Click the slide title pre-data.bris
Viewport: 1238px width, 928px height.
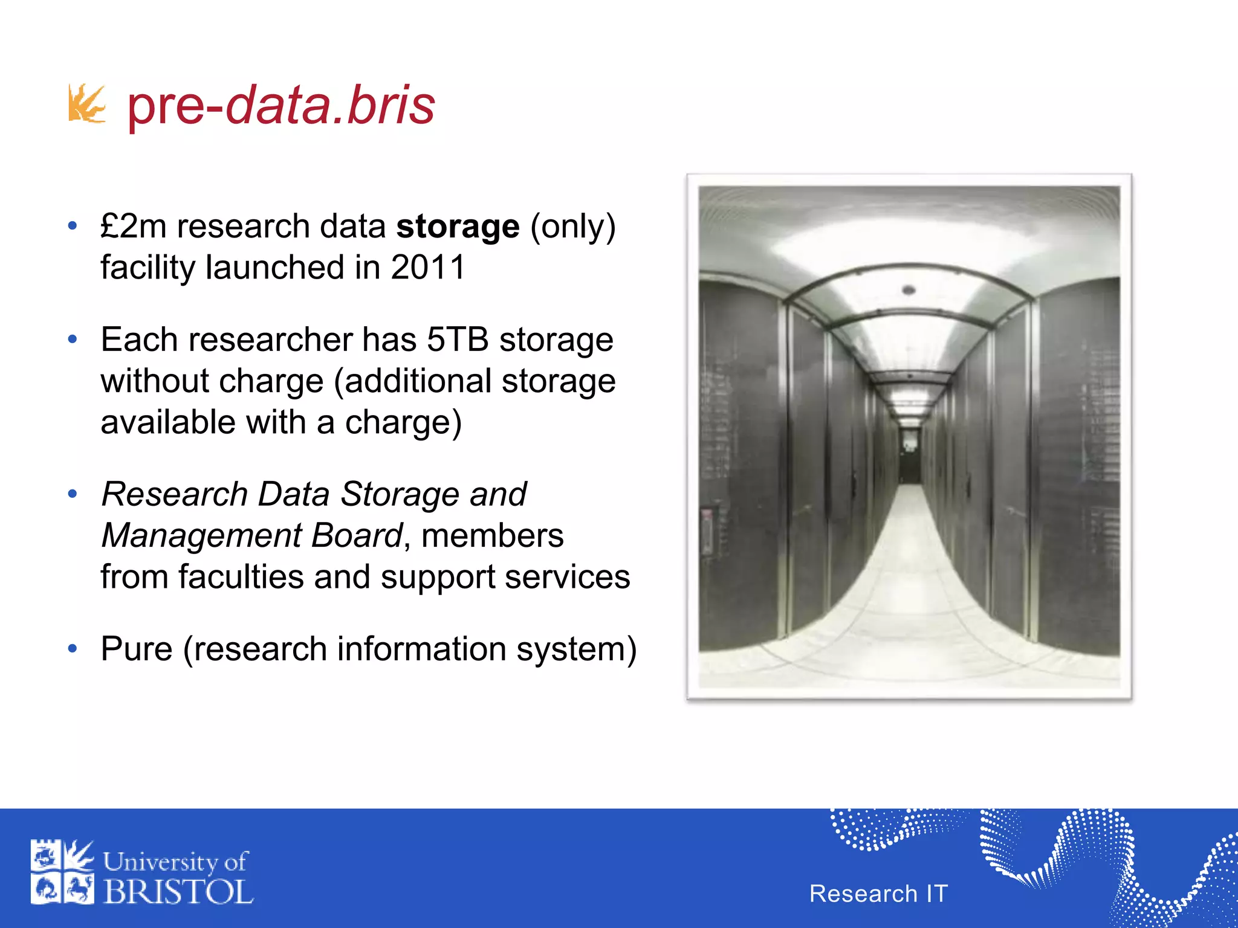click(x=281, y=106)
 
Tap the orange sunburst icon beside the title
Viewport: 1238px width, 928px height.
click(x=86, y=104)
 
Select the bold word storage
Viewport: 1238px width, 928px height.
click(x=458, y=227)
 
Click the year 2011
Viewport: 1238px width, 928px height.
click(x=428, y=267)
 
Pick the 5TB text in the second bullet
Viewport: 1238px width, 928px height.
click(x=457, y=340)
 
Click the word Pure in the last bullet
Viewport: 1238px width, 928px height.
click(x=137, y=649)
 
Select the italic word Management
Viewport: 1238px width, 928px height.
click(x=201, y=536)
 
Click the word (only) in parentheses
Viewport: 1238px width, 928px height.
click(x=572, y=227)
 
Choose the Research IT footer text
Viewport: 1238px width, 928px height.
click(x=878, y=894)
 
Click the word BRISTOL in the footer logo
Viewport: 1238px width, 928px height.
click(x=178, y=892)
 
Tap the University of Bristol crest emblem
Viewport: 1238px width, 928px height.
click(x=62, y=872)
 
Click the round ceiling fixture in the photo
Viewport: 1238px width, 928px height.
click(x=908, y=291)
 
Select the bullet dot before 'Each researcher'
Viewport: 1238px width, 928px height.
click(x=73, y=340)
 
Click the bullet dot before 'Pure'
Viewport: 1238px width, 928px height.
click(x=73, y=649)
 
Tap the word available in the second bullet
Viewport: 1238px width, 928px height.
click(x=168, y=422)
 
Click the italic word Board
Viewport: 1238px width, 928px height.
click(x=357, y=536)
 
